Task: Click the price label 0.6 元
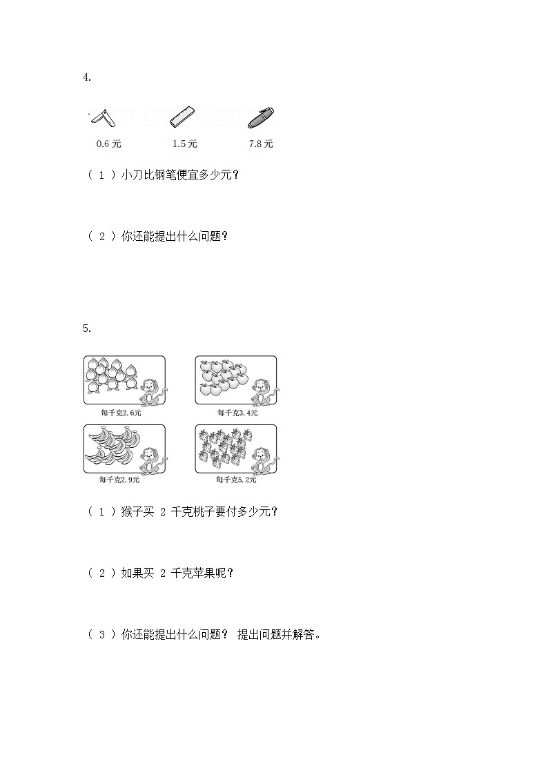[109, 144]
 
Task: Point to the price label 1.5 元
[184, 144]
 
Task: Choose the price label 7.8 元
[261, 144]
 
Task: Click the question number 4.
[86, 77]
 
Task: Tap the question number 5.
[86, 328]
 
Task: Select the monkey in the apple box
[262, 391]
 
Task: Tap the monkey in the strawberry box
[262, 460]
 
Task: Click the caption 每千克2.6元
[120, 413]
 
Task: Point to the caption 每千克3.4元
[237, 413]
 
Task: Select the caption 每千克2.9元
[120, 480]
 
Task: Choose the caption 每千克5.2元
[237, 480]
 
